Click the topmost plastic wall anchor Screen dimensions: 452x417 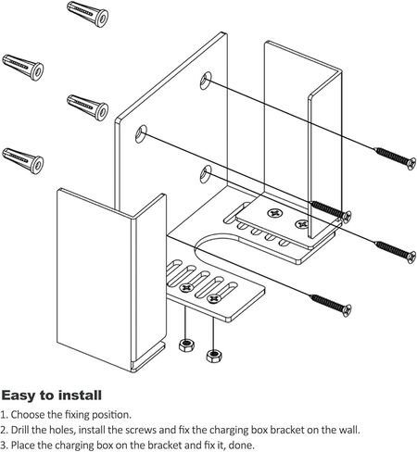pos(88,15)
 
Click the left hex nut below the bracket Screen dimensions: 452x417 pos(184,345)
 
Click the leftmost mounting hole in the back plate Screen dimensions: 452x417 pos(142,133)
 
